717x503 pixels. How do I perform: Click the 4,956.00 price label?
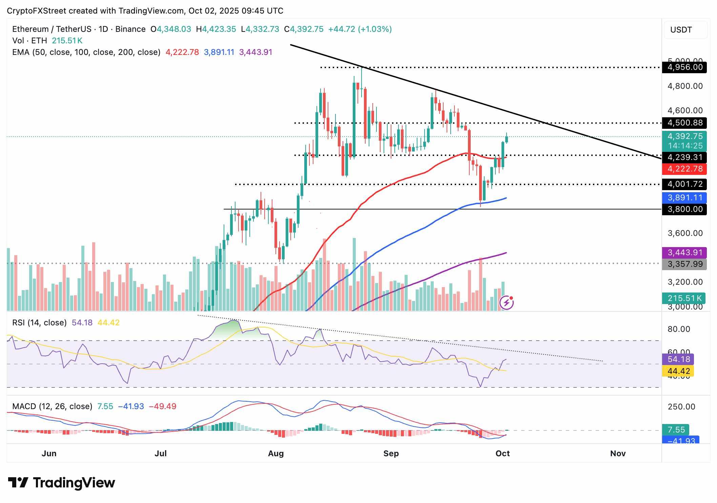684,67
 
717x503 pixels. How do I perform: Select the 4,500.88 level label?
684,123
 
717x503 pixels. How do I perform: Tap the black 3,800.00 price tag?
684,209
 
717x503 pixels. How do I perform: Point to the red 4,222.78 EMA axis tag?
684,169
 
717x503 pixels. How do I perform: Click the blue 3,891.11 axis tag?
684,198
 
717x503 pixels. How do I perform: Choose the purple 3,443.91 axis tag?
684,253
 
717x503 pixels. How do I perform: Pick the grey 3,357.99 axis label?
684,264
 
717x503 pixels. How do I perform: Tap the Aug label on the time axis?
275,454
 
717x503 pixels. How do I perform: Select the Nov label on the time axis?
618,454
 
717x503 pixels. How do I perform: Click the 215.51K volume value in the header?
67,41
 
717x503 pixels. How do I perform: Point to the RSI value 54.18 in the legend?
82,323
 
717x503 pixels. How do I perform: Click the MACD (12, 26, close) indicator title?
52,406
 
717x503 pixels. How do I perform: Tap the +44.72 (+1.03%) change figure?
360,29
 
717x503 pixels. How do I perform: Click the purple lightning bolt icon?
507,302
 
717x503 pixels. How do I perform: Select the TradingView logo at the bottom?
62,483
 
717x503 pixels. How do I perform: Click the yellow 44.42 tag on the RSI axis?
678,371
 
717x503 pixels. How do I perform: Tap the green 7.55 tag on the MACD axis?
676,430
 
